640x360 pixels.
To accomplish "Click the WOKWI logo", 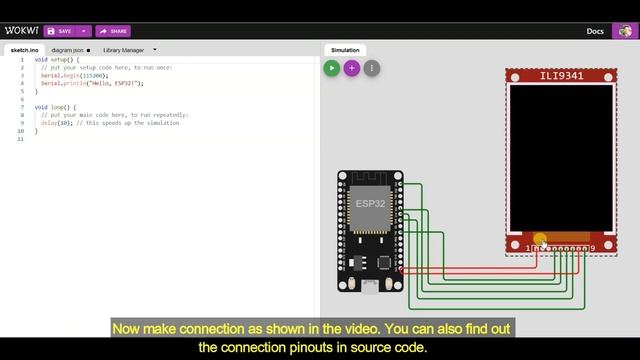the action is (x=21, y=31).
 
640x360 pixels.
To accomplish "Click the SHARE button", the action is (x=114, y=31).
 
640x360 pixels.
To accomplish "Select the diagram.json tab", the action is (x=69, y=49).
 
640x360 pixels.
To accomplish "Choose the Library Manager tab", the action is (x=124, y=49).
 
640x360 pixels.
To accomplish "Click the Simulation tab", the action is (x=345, y=49).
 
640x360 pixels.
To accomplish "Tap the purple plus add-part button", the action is (x=352, y=68).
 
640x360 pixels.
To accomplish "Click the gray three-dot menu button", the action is (x=372, y=68).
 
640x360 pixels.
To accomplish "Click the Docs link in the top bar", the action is (x=595, y=31).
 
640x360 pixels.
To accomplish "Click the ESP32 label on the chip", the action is (x=370, y=203).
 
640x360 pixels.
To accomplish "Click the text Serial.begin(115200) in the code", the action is (x=75, y=75).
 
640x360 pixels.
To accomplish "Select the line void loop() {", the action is (x=55, y=107).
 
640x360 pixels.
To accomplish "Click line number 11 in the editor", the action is (x=21, y=139).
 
